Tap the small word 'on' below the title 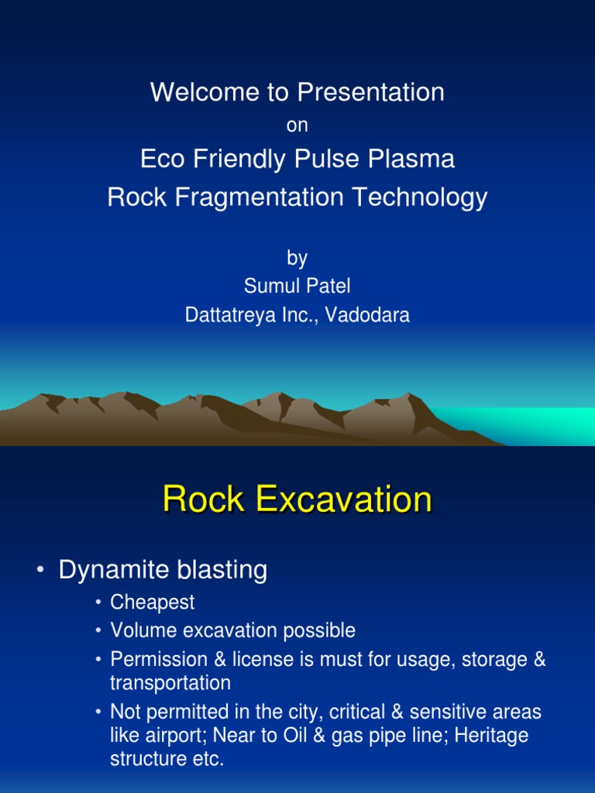click(297, 125)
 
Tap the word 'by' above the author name click(297, 258)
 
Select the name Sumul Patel click(297, 287)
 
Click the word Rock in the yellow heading click(203, 500)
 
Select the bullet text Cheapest click(153, 602)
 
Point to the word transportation click(170, 683)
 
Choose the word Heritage click(491, 735)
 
